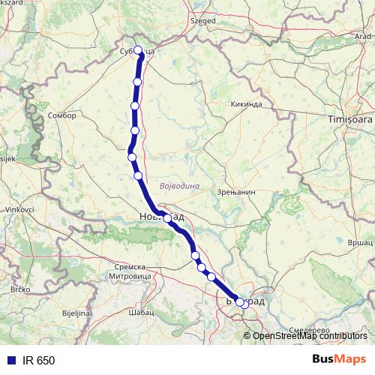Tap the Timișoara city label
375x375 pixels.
click(349, 119)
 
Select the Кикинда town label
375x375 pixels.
click(245, 103)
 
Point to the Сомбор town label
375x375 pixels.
click(61, 116)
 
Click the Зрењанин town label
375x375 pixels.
click(239, 192)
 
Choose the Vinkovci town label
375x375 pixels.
click(16, 209)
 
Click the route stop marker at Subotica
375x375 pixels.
click(137, 51)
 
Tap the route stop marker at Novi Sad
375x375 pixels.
click(167, 219)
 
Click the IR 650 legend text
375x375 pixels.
click(38, 361)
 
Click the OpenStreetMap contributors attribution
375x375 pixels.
click(310, 336)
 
